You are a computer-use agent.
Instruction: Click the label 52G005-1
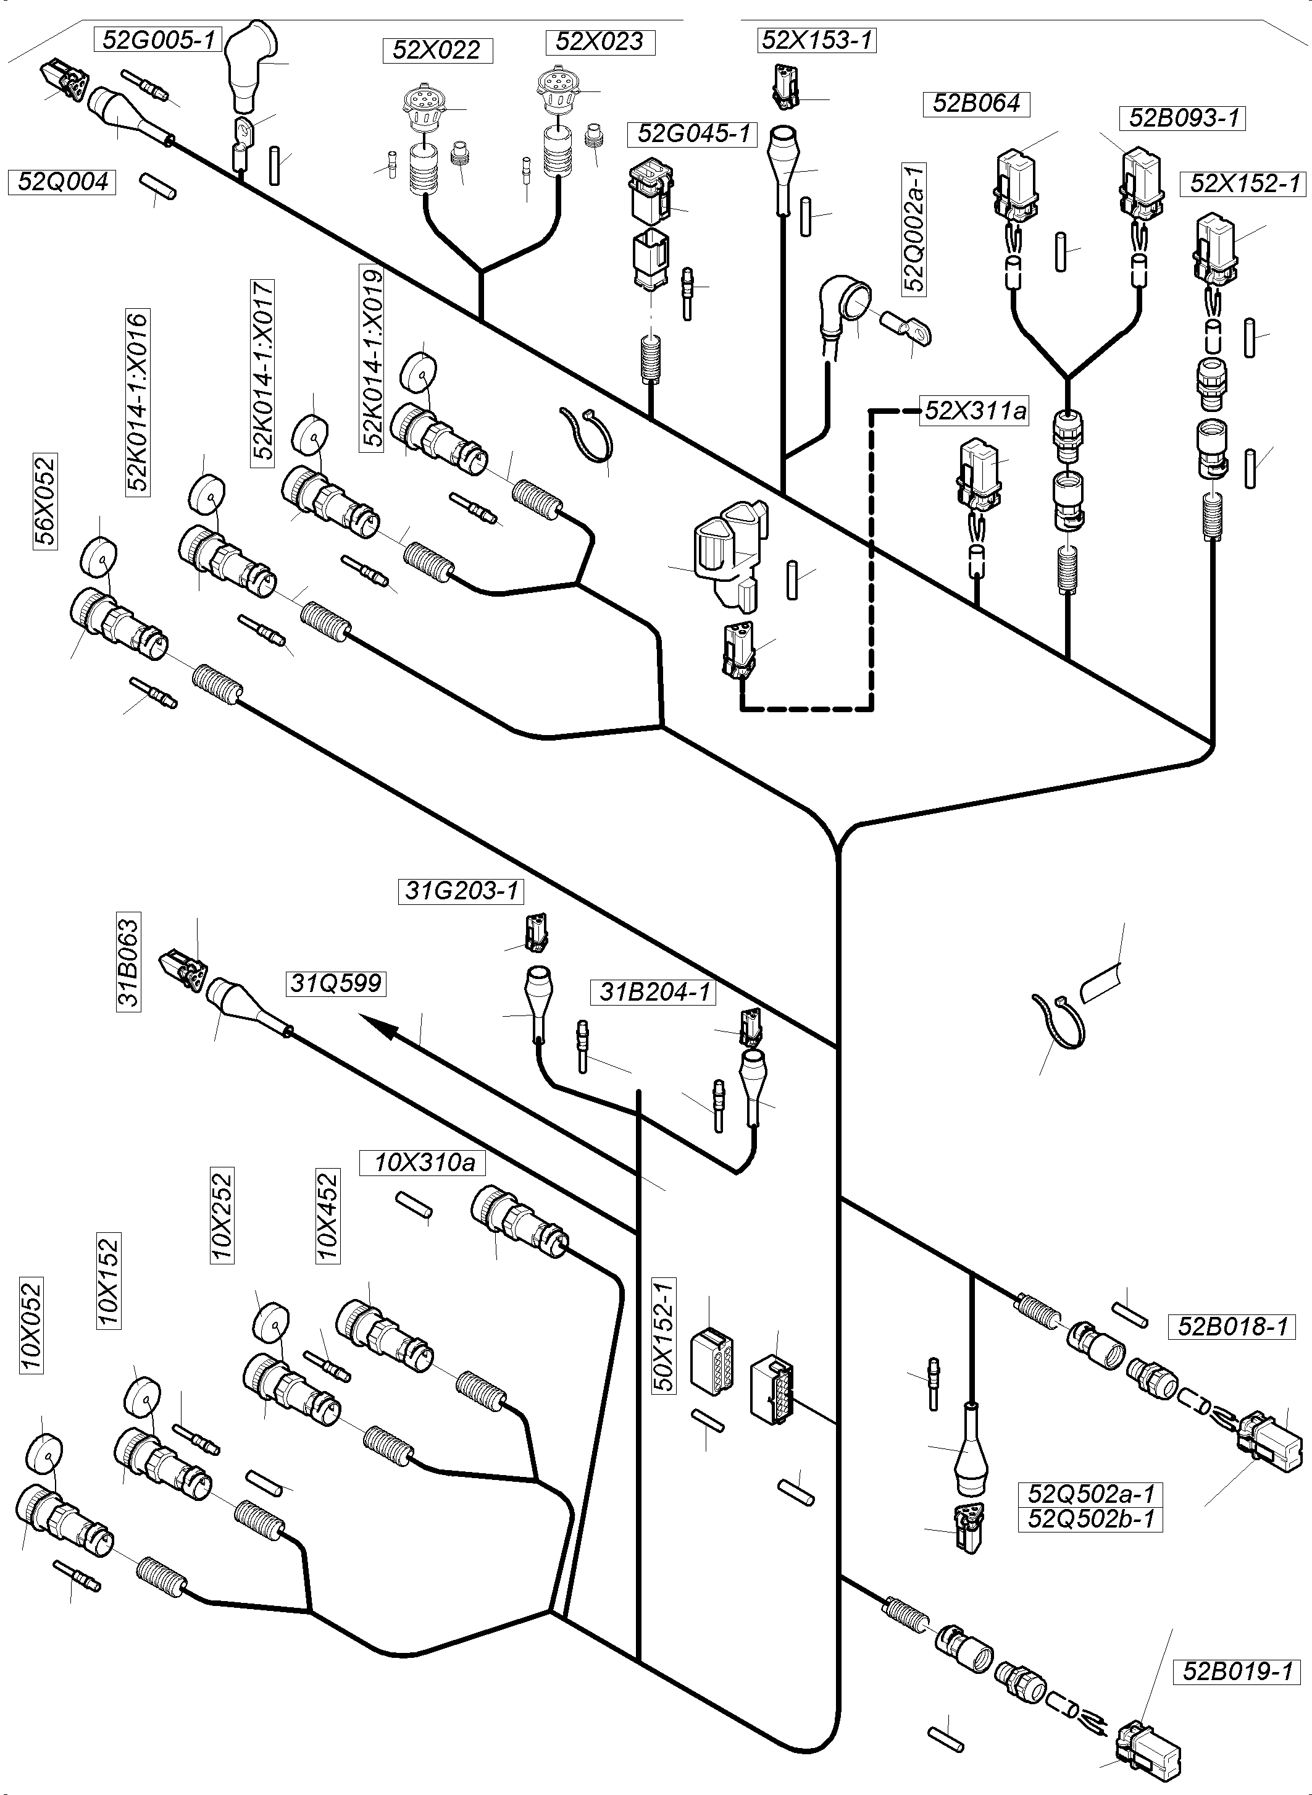tap(159, 40)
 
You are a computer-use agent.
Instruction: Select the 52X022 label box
tap(438, 51)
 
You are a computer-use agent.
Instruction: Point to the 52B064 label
tap(976, 104)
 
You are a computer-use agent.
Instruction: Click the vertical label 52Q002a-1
tap(914, 228)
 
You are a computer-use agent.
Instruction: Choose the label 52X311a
tap(976, 411)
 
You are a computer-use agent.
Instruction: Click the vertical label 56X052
tap(45, 502)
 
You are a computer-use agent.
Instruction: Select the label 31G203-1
tap(461, 891)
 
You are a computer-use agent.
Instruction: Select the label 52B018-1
tap(1232, 1326)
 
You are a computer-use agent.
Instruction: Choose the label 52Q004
tap(64, 182)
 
